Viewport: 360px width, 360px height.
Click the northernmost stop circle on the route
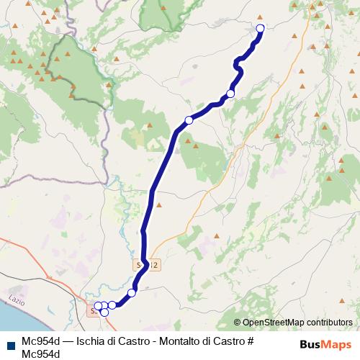coord(260,28)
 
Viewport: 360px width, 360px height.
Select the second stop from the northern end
coord(230,94)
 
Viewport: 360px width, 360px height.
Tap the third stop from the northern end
coord(189,120)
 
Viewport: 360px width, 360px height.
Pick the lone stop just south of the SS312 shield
coord(132,292)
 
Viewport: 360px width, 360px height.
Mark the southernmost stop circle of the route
coord(104,312)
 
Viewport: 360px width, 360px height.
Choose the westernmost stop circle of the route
coord(98,306)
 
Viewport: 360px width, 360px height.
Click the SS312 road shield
coord(145,266)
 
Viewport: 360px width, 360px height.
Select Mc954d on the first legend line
coord(40,341)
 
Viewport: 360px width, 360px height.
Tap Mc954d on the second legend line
coord(40,354)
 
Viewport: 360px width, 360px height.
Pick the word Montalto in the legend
coord(179,341)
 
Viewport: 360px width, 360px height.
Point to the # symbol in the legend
coord(250,341)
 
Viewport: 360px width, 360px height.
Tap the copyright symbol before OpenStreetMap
coord(238,323)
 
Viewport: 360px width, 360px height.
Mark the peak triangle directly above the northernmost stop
coord(260,18)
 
